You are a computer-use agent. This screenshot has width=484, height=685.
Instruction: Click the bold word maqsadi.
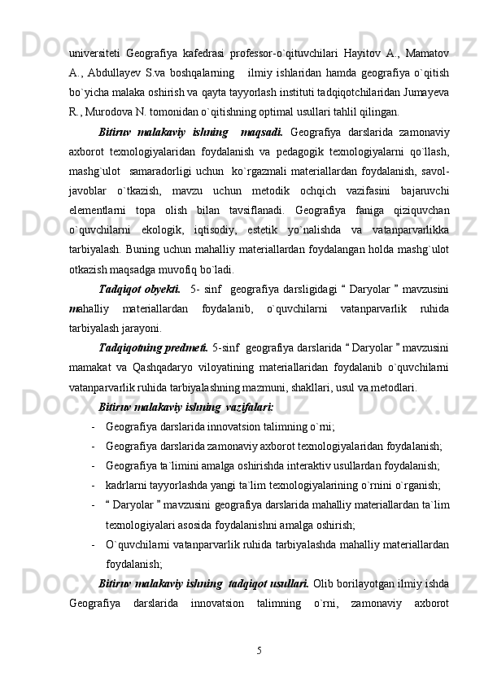(262, 133)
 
